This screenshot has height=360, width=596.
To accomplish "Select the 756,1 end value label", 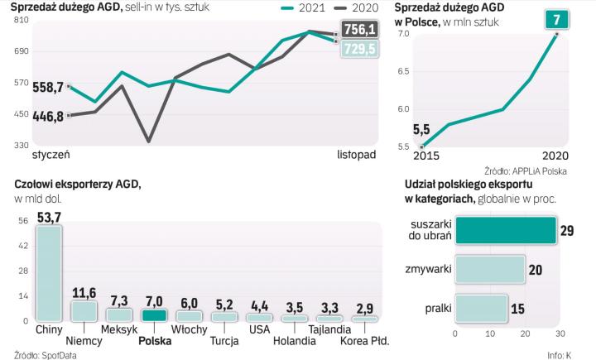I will point(359,31).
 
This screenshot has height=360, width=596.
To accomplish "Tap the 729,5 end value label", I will point(359,50).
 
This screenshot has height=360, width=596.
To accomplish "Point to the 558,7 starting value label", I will point(47,87).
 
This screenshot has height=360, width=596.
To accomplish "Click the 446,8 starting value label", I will point(47,116).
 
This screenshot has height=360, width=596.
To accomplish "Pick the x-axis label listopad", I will point(357,154).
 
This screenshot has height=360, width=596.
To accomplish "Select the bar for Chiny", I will point(48,272).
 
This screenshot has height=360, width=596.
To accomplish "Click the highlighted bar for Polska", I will point(155,315).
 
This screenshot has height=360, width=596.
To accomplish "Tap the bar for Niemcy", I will point(84,310).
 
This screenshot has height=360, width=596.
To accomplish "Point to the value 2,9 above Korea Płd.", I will point(365,308).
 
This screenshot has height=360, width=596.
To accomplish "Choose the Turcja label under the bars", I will point(224,340).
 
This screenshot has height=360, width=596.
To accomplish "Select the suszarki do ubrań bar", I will point(505,230).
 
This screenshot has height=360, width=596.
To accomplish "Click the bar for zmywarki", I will point(490,269).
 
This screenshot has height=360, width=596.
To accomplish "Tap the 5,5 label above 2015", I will point(421,130).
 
